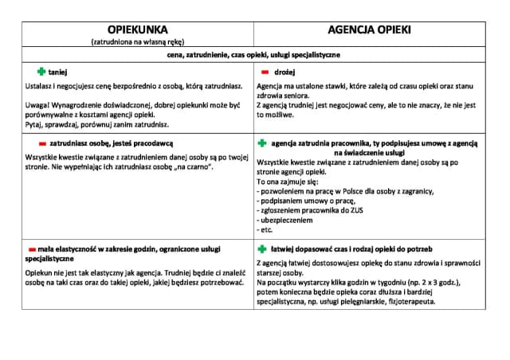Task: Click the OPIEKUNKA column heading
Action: coord(138,29)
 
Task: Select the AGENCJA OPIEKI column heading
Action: coord(369,29)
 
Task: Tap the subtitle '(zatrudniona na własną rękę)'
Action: coord(137,41)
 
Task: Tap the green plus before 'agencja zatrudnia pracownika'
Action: coord(262,143)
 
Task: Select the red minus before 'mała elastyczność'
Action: coord(31,248)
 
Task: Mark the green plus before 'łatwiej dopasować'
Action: coord(262,248)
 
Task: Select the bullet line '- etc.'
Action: coord(266,229)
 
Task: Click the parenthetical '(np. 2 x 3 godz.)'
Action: coord(419,283)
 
